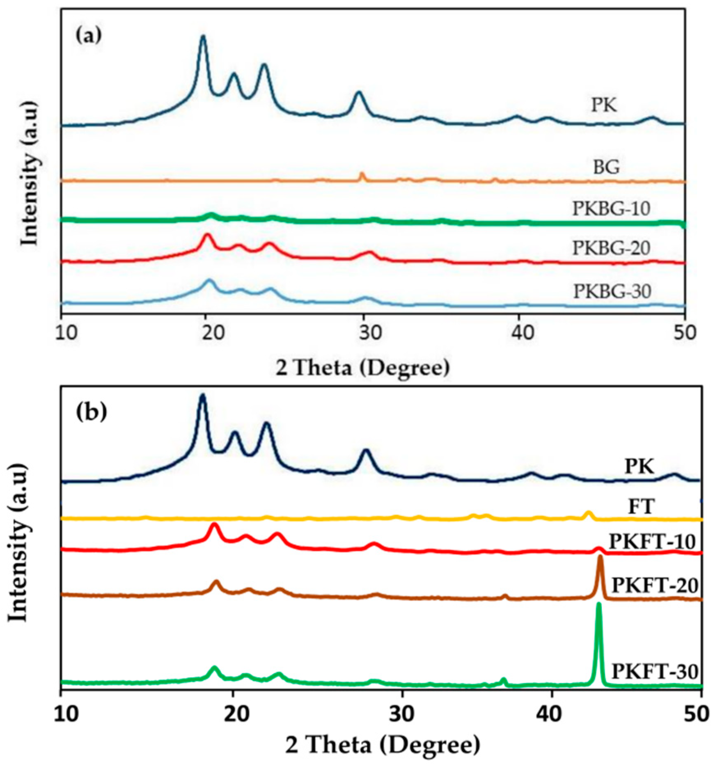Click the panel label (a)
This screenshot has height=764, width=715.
coord(88,36)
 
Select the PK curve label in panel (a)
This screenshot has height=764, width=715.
coord(604,105)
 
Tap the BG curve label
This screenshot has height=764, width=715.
coord(606,167)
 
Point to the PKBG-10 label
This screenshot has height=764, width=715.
coord(611,209)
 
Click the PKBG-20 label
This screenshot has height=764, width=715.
coord(611,248)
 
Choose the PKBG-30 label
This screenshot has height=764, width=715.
coord(612,291)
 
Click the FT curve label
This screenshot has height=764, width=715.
coord(642,507)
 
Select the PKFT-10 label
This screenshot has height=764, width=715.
coord(652,542)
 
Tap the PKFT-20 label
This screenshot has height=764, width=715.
coord(655,586)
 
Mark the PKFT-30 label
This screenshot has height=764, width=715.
coord(655,672)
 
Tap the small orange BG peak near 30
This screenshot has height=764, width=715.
coord(362,174)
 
